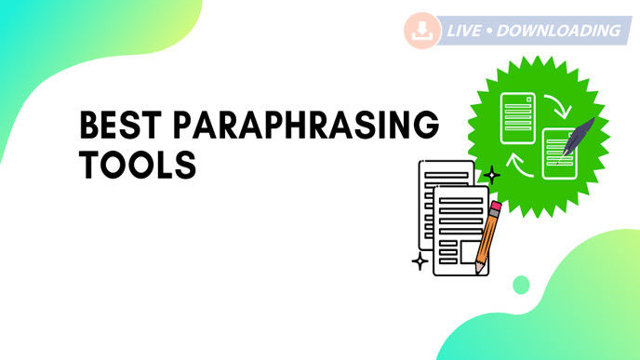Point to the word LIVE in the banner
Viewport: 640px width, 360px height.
[464, 31]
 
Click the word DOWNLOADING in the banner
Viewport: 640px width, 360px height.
[559, 31]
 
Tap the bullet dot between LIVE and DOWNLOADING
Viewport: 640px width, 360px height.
[489, 31]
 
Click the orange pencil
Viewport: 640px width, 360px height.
[487, 236]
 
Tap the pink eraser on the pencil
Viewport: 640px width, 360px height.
[496, 207]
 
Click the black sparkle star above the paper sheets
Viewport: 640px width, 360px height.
[492, 174]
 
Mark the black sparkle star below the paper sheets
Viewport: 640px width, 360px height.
[420, 261]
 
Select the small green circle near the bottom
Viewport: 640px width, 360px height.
[521, 285]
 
